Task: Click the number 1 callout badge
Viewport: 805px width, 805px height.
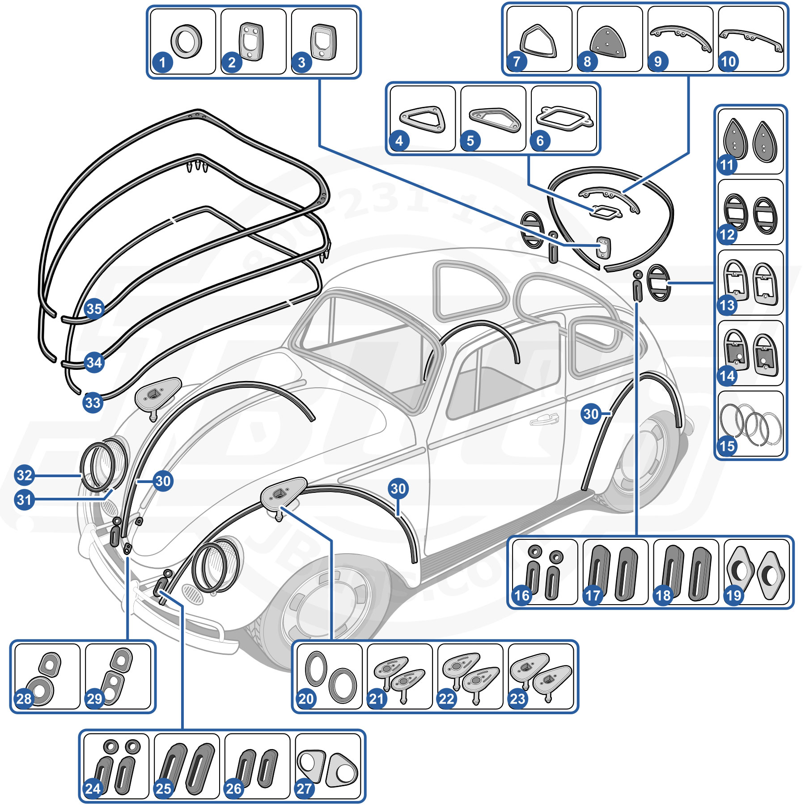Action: click(x=162, y=62)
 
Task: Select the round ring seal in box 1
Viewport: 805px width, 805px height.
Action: click(x=186, y=41)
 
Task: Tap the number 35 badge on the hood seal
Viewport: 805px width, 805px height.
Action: click(x=94, y=309)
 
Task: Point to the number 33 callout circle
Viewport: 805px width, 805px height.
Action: click(x=93, y=402)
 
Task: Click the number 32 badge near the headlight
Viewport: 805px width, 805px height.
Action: click(x=25, y=475)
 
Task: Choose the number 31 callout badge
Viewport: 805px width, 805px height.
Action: click(x=25, y=499)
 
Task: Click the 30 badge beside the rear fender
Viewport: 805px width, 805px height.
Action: click(x=591, y=414)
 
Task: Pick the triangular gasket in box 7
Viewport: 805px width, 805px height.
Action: click(x=538, y=42)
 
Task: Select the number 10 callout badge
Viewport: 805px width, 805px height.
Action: click(x=728, y=61)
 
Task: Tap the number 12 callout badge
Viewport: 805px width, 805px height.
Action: click(x=727, y=234)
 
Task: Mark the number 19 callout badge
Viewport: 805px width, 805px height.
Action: click(x=734, y=595)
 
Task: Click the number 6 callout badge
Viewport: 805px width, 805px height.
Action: click(x=540, y=141)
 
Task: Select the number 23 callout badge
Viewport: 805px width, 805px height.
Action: click(x=517, y=699)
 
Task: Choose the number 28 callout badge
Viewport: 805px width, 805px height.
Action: click(x=25, y=699)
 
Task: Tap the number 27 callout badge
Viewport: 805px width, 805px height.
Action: click(x=305, y=788)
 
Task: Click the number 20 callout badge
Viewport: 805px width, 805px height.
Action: click(x=306, y=699)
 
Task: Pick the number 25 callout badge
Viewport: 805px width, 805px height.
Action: click(x=164, y=788)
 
